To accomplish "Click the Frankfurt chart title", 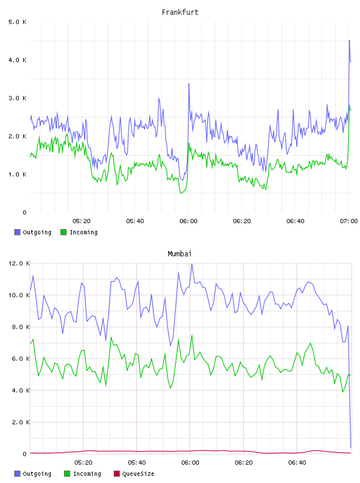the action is (180, 12).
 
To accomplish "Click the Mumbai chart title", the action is (179, 254).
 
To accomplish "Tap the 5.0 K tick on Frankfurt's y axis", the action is (17, 22).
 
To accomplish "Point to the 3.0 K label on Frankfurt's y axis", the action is (17, 98).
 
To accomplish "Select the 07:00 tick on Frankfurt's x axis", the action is (349, 221).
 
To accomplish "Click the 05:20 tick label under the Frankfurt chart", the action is (81, 221).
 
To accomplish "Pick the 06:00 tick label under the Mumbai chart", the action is (190, 463).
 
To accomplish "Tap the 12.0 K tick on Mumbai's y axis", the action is (19, 263).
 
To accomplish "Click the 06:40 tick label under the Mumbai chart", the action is (297, 463).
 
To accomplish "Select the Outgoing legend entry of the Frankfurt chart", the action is (33, 232).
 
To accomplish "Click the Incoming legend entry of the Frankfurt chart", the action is (79, 232).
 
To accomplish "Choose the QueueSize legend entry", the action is (134, 474).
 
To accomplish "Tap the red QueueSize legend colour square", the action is (117, 474).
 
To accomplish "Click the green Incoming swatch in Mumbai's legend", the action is (67, 474).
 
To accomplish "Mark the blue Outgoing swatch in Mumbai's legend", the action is (17, 474).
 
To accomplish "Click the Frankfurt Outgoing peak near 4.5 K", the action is (349, 40).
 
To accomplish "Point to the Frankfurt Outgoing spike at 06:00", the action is (189, 84).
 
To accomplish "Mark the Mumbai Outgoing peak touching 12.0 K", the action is (192, 264).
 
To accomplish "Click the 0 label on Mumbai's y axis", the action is (25, 454).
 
